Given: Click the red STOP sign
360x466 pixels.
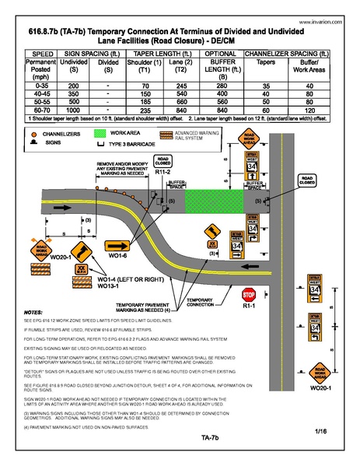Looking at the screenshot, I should click(x=249, y=296).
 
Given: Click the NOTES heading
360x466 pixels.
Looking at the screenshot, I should click(x=34, y=311).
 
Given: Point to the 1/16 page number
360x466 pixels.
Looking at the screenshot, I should click(x=320, y=430).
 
